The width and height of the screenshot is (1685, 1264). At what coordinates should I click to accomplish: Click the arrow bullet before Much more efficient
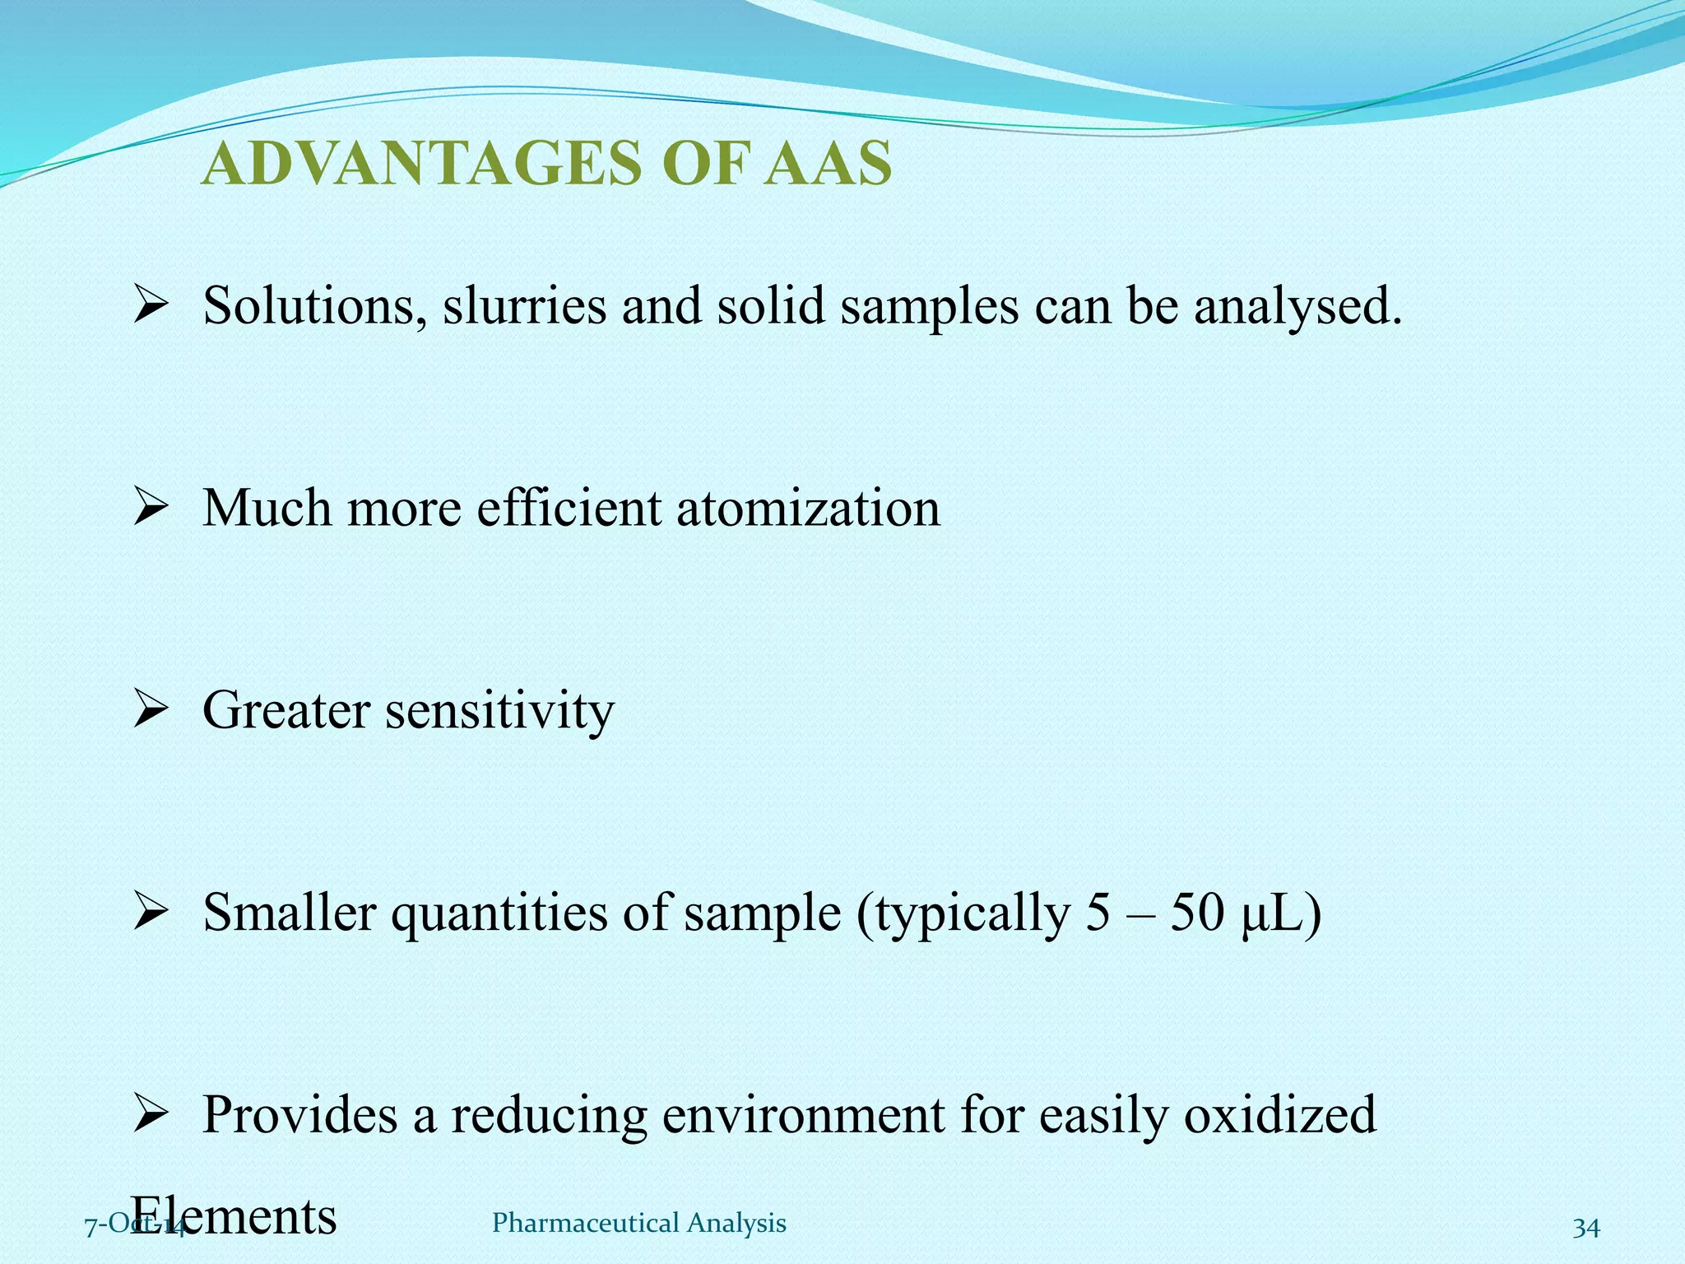[151, 508]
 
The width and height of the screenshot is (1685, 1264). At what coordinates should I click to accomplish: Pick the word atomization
[808, 508]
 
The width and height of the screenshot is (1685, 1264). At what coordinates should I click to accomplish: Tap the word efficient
[569, 508]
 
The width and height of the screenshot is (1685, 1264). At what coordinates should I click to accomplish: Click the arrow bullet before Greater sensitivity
[151, 710]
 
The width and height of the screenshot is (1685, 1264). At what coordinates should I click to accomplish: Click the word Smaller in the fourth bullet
[290, 913]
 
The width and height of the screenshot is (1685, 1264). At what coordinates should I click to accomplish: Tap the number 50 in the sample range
[1197, 913]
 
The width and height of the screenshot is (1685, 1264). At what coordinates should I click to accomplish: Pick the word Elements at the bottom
[234, 1216]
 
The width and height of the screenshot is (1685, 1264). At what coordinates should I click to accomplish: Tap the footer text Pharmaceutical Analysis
[638, 1224]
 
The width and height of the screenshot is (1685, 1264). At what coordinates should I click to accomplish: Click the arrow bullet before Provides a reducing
[151, 1115]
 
